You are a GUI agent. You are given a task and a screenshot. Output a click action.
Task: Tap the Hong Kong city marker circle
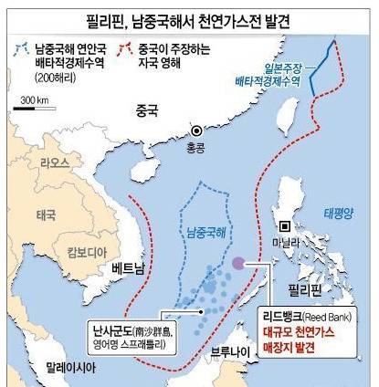(x=195, y=131)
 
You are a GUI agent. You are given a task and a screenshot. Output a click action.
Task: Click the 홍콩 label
(x=195, y=146)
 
